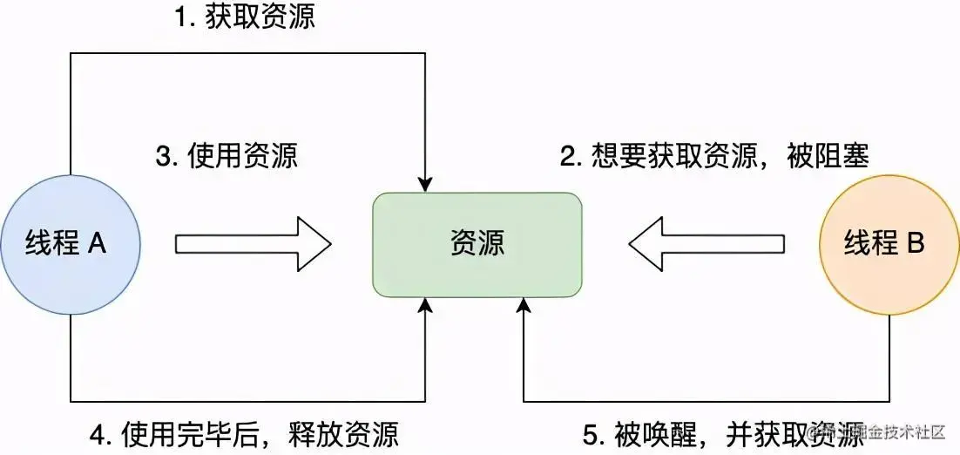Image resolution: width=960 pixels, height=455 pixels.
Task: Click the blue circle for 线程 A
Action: click(x=71, y=243)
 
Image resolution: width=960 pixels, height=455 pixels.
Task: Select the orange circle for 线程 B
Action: click(x=889, y=243)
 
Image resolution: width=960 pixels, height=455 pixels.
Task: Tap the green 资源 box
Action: click(x=477, y=243)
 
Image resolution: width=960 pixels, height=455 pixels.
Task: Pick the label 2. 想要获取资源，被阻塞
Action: click(x=714, y=157)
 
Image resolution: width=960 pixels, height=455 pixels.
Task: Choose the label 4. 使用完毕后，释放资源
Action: click(x=245, y=433)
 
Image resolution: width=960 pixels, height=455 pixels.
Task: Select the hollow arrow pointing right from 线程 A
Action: click(x=254, y=243)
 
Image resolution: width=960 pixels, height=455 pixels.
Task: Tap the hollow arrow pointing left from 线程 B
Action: click(x=706, y=243)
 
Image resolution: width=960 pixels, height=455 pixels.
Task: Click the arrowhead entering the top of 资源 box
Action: click(x=425, y=184)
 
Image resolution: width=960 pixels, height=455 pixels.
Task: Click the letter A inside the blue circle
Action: click(x=97, y=243)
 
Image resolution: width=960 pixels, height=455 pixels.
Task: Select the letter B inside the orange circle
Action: click(x=916, y=243)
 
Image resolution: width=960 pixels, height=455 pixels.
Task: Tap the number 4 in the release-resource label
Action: click(x=97, y=433)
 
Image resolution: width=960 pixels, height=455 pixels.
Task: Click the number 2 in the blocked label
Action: click(x=567, y=157)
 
